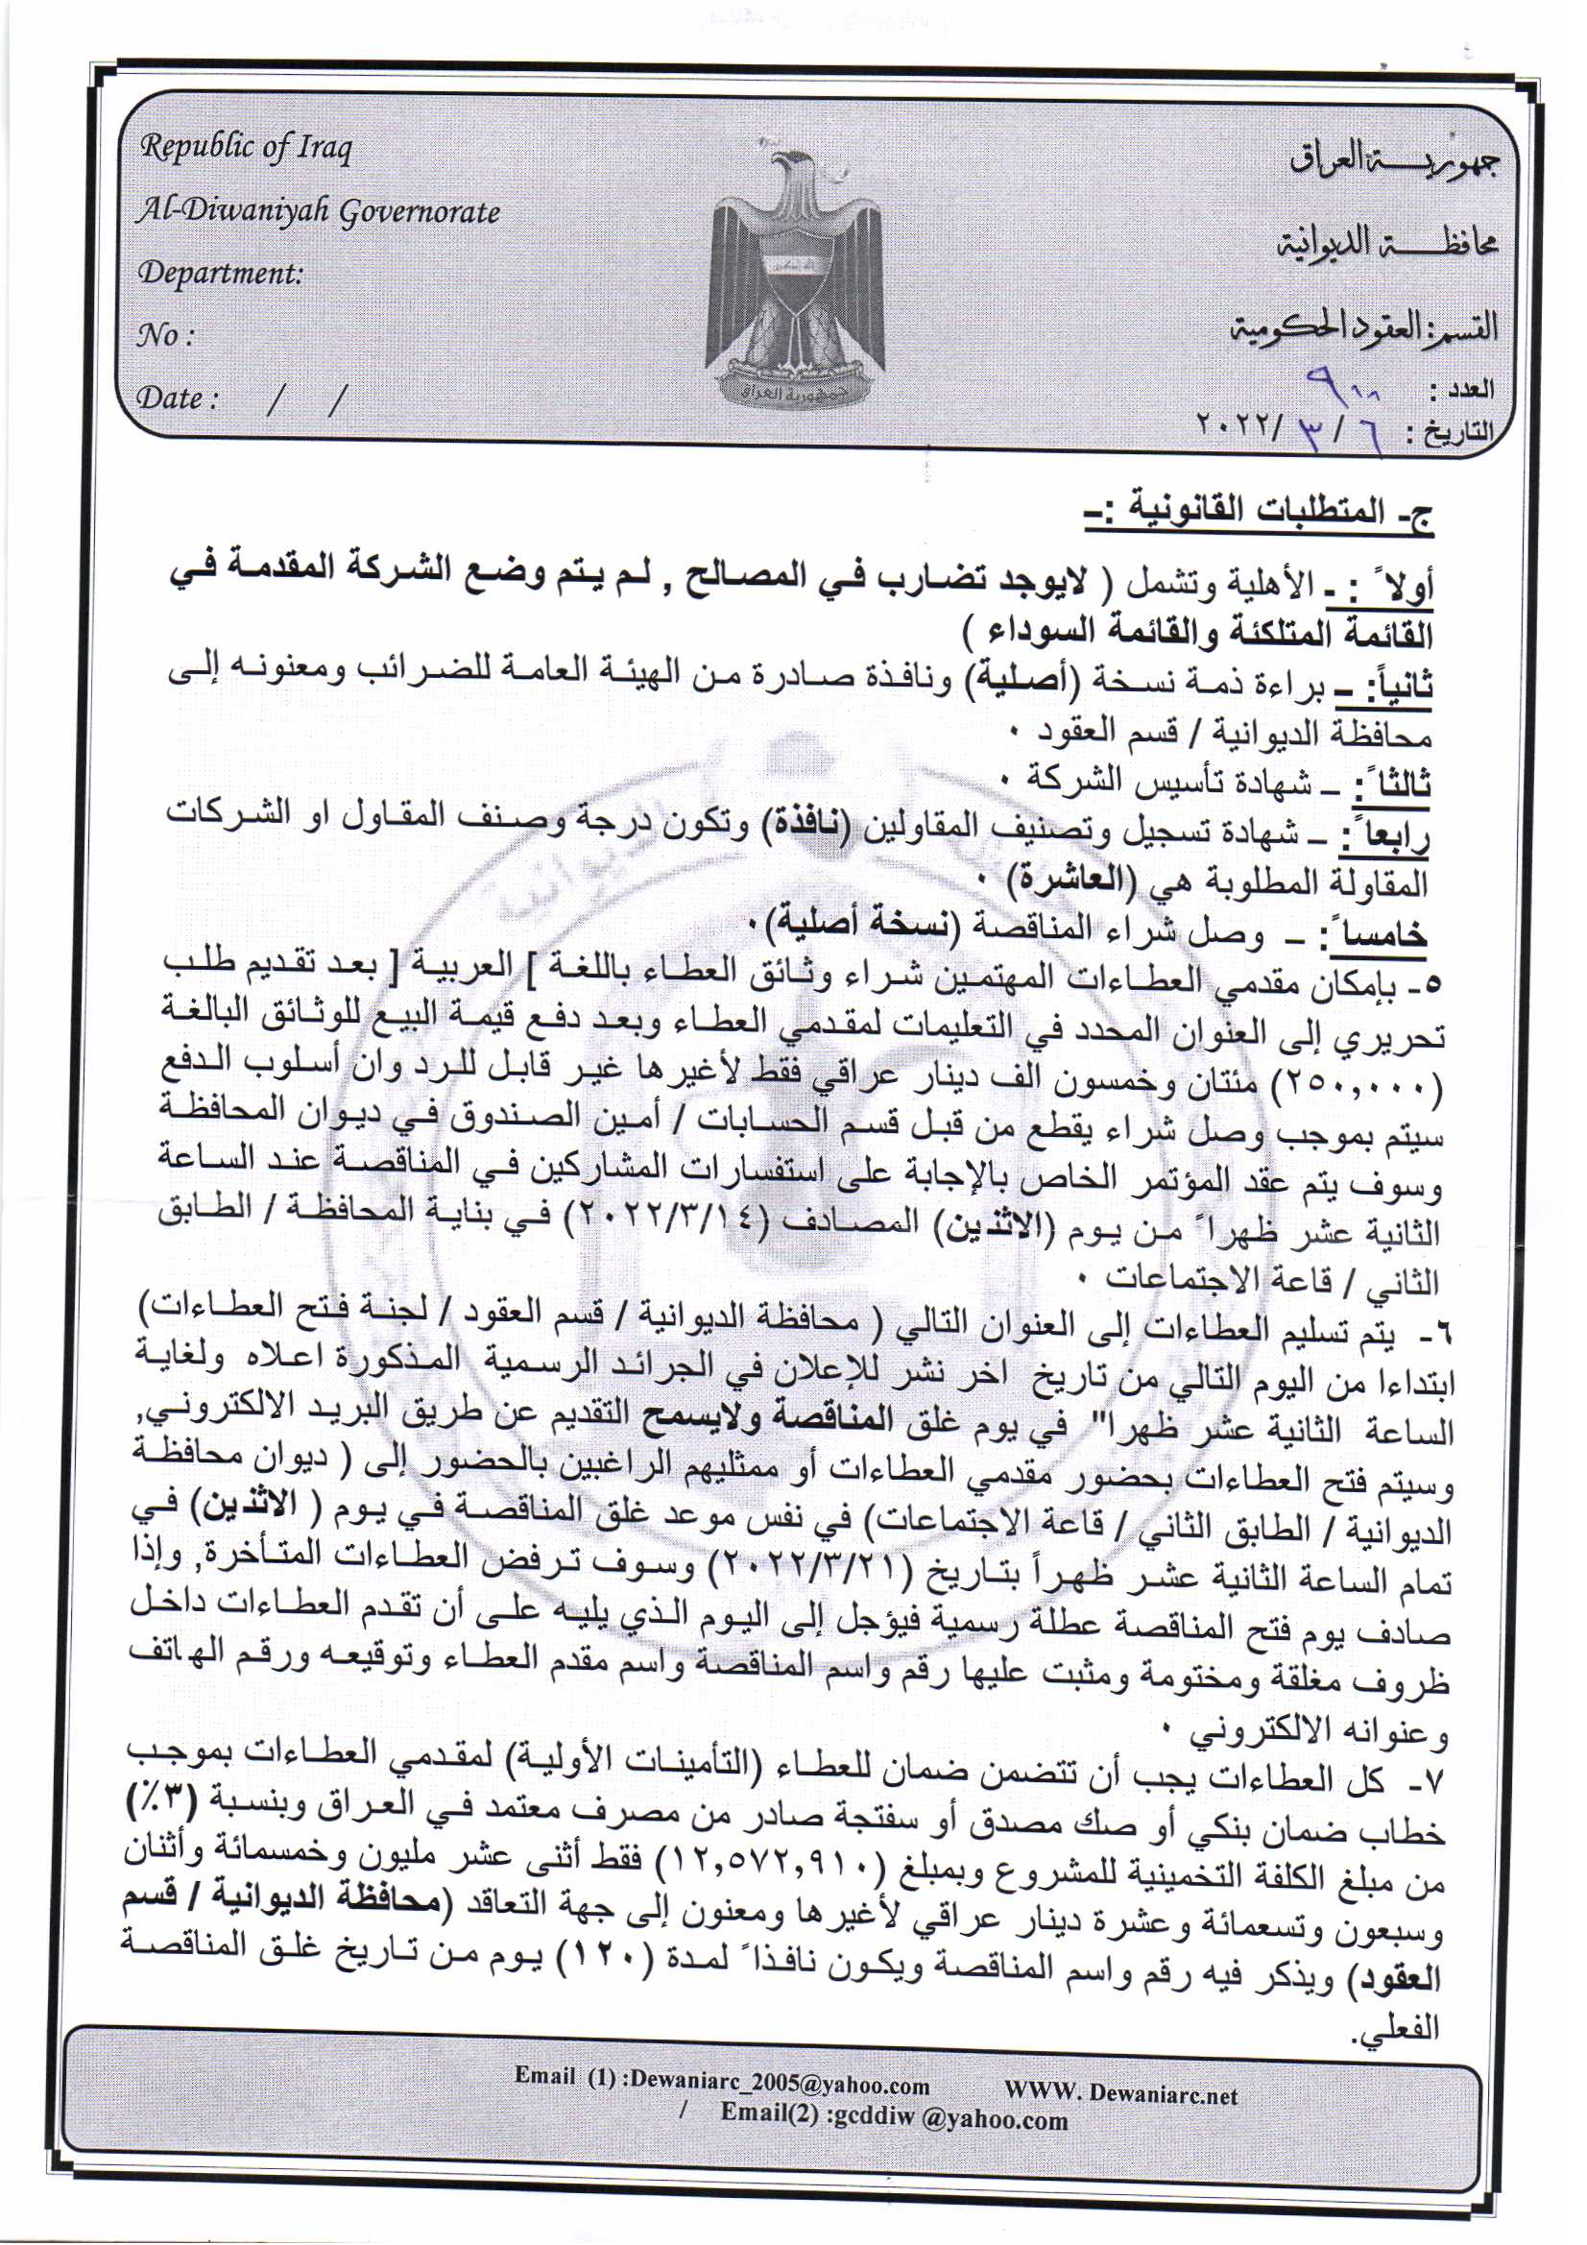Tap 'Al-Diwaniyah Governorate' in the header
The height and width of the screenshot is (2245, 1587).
click(x=319, y=211)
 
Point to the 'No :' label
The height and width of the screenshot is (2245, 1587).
click(x=165, y=336)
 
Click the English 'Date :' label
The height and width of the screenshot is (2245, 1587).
click(x=176, y=398)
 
